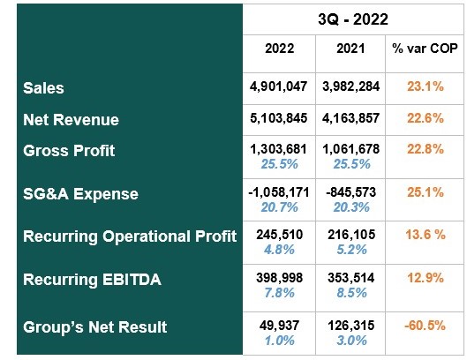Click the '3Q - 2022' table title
[x=352, y=18]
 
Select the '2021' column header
[x=350, y=49]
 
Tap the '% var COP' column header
[x=425, y=49]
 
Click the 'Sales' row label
[x=44, y=89]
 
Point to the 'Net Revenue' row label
[x=71, y=119]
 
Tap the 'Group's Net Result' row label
[x=95, y=327]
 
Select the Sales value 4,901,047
[x=280, y=87]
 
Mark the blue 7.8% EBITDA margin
[x=280, y=293]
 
